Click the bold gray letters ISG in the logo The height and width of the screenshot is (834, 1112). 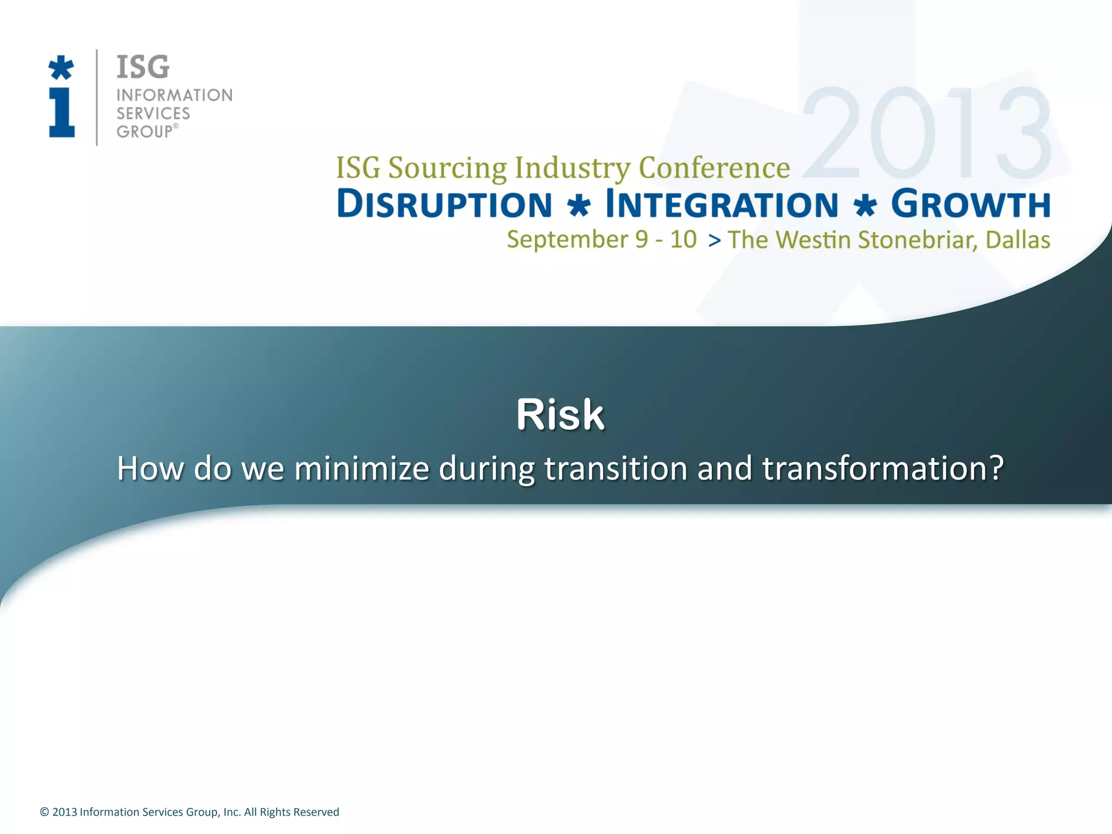(143, 67)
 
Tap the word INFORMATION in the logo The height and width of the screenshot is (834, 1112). (174, 96)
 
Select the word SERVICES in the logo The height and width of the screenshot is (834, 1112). (153, 113)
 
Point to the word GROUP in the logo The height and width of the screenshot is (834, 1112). (144, 132)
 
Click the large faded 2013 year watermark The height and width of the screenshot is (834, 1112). (926, 134)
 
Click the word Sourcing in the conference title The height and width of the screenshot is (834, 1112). (447, 168)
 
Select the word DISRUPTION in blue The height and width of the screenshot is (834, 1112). (445, 205)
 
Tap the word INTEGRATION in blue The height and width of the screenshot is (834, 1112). (722, 205)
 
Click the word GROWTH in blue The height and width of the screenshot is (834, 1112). (970, 205)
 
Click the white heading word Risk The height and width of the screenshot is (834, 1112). (560, 415)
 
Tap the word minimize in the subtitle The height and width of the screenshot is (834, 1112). (362, 468)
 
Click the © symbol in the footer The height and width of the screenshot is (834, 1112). (45, 812)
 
